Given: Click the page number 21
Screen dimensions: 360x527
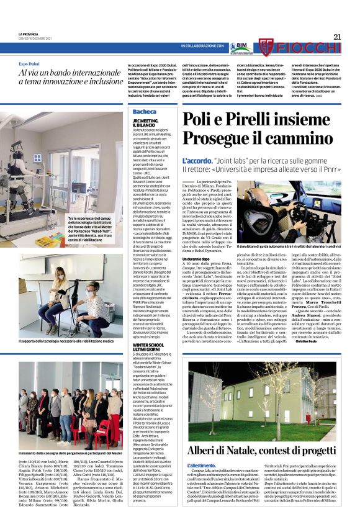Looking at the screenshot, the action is tap(337, 37).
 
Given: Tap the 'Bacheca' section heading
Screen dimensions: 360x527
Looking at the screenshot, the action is tap(145, 111).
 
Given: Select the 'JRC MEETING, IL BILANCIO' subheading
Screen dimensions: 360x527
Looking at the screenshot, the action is tap(145, 123).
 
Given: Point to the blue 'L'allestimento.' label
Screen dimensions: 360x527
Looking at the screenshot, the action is tap(199, 465).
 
